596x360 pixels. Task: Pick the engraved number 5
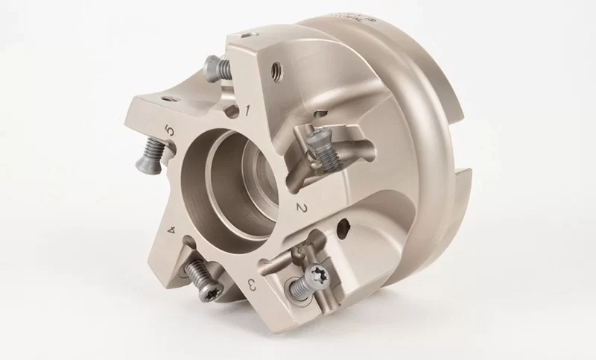[171, 132]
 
